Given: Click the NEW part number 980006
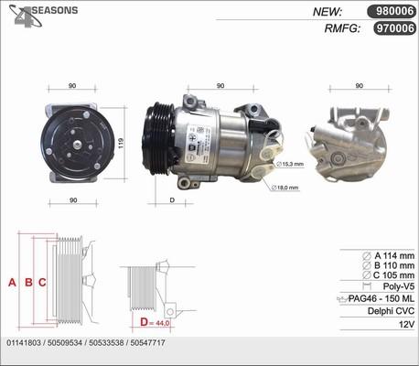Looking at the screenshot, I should [x=391, y=12].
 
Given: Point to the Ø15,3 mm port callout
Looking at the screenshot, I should [x=291, y=164].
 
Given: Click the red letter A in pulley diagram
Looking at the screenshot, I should [x=13, y=283].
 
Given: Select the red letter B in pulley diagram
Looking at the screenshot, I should [x=28, y=283].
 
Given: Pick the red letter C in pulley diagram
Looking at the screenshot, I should [x=42, y=283].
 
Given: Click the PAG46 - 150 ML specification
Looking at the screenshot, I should [x=382, y=298].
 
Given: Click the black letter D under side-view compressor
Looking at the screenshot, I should [x=171, y=199].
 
